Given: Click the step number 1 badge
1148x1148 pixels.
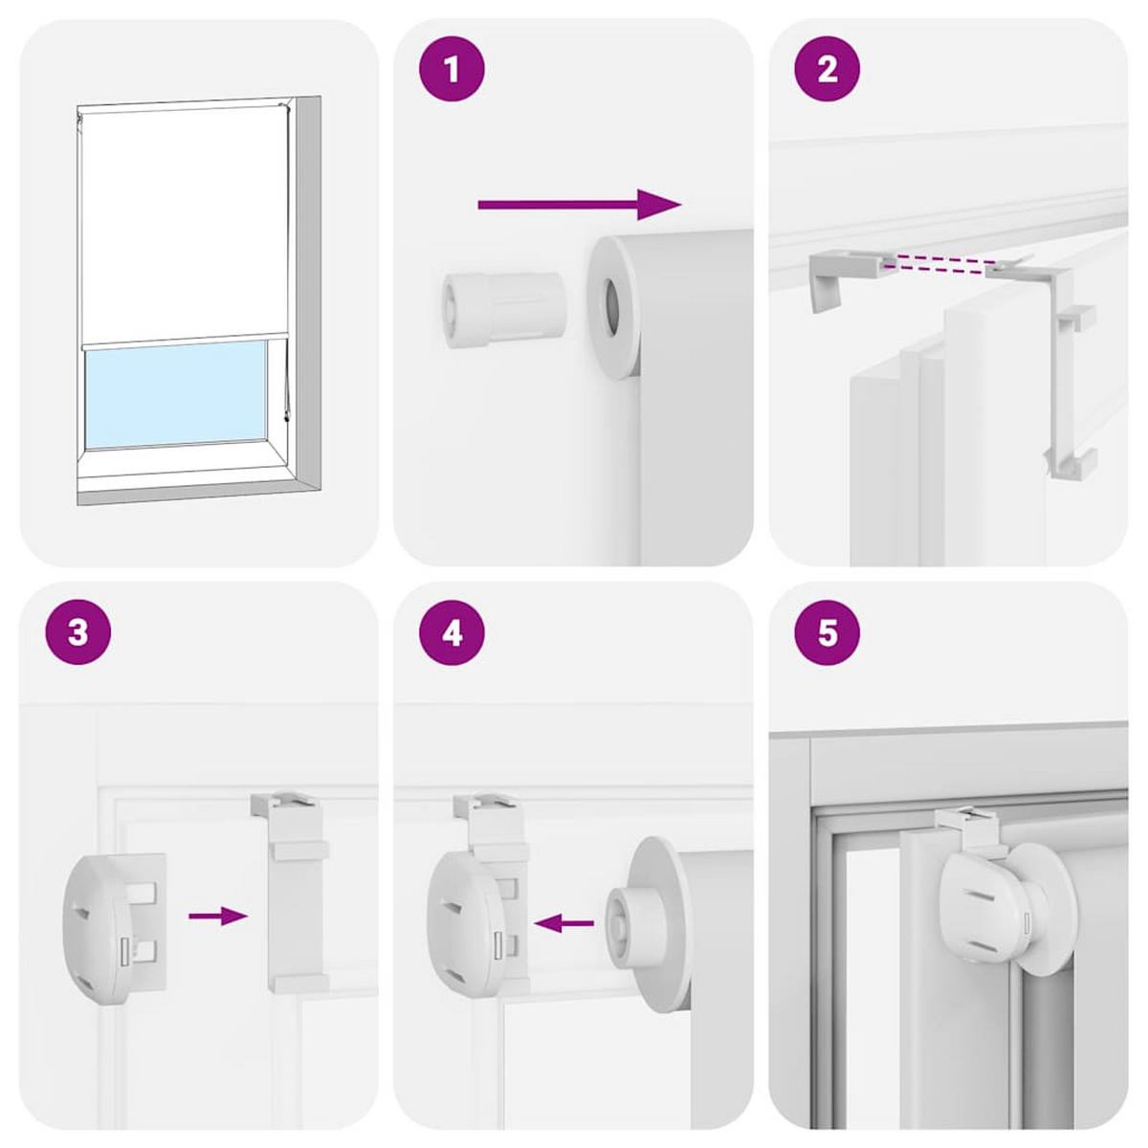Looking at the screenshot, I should [453, 70].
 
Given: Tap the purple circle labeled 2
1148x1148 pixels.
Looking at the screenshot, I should [828, 70].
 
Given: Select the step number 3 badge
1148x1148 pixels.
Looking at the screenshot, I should [78, 633].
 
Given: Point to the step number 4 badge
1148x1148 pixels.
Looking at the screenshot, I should [453, 633].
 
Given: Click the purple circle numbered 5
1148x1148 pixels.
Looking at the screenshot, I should [828, 633].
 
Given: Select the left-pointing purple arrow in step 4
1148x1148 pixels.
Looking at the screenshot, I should [564, 923].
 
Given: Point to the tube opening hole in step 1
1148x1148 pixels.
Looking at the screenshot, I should [611, 307].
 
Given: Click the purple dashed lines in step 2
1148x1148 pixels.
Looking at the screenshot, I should [938, 265].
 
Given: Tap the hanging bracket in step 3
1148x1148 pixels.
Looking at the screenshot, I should [297, 890].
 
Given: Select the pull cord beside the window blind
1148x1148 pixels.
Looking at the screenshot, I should [285, 383].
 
